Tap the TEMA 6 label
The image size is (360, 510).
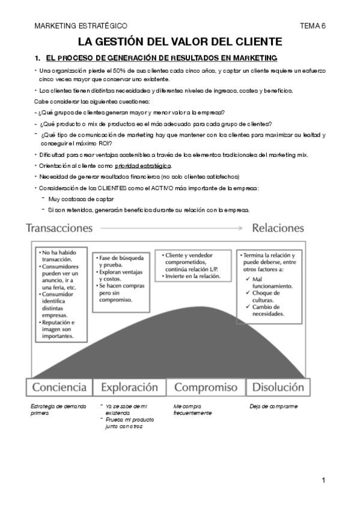pyautogui.click(x=312, y=26)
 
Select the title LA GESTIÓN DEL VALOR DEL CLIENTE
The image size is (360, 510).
pyautogui.click(x=180, y=41)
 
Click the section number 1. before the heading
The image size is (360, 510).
pyautogui.click(x=37, y=58)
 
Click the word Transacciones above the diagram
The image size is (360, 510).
pyautogui.click(x=59, y=229)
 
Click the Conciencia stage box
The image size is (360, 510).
pyautogui.click(x=59, y=387)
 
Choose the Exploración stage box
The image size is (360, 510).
pyautogui.click(x=129, y=387)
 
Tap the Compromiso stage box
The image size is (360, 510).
pyautogui.click(x=205, y=387)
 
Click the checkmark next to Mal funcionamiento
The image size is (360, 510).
pyautogui.click(x=249, y=280)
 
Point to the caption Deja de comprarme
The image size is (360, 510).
pyautogui.click(x=273, y=407)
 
